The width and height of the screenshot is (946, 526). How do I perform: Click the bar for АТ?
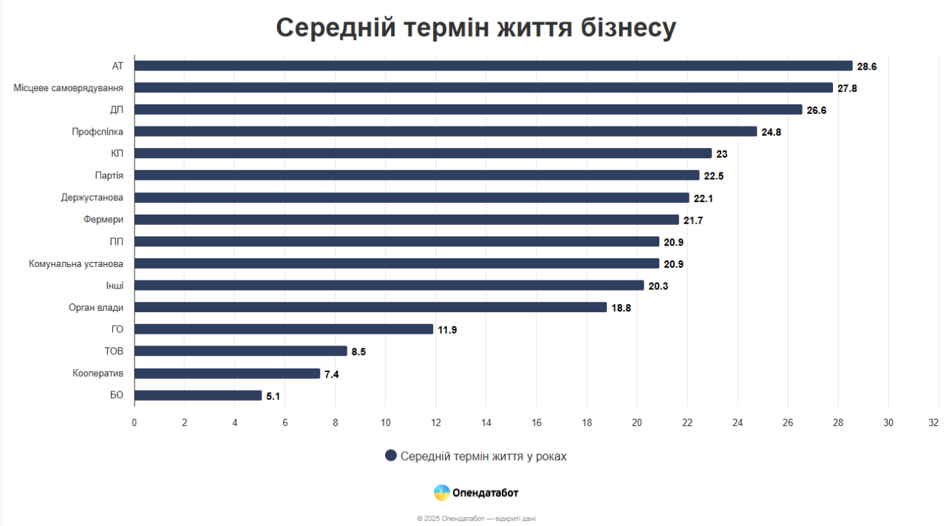493,66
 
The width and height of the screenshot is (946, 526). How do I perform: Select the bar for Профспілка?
446,132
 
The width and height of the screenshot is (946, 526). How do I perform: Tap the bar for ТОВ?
240,351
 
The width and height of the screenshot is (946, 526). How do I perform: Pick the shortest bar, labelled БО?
198,396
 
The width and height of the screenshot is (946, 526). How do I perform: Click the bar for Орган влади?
370,308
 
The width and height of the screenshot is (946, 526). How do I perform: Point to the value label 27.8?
847,88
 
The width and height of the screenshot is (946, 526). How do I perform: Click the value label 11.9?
447,330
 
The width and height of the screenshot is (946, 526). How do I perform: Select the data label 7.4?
331,374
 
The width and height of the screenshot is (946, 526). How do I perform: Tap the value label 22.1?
703,198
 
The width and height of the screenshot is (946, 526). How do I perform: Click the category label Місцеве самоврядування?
69,88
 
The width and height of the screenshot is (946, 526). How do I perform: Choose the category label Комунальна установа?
76,263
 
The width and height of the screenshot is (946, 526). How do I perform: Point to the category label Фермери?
103,220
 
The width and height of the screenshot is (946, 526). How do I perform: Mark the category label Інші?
115,286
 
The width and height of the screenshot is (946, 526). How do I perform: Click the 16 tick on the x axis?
537,422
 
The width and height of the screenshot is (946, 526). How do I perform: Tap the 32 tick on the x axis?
934,422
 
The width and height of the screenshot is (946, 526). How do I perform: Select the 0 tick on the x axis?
134,422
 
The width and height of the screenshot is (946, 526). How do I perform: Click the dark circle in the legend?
391,456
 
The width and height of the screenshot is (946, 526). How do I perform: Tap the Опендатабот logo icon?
441,493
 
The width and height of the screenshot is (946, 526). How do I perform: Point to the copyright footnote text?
476,519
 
